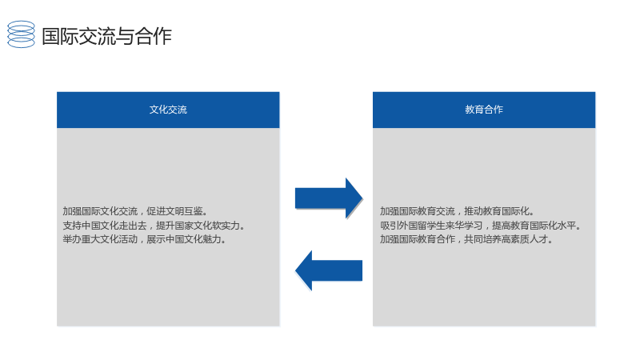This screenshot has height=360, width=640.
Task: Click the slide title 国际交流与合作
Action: pos(106,36)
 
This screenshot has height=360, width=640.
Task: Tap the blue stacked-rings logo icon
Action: pos(22,34)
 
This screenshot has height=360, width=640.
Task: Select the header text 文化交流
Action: pos(168,110)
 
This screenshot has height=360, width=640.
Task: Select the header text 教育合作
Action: pos(484,110)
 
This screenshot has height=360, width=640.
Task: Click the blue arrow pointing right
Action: pos(329,198)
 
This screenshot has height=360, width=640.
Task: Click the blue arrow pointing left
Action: pos(329,270)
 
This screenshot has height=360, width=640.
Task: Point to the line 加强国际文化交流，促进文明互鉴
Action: pos(135,211)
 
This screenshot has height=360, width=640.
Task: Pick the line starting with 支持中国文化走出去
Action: pos(154,226)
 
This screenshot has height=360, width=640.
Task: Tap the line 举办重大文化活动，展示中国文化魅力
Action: pos(145,239)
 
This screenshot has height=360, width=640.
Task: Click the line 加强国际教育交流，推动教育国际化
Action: pos(457,211)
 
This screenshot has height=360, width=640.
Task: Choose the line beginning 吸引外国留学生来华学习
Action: pos(481,226)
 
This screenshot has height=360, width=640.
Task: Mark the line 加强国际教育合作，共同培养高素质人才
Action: pos(466,239)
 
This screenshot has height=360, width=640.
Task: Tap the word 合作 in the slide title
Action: pos(154,36)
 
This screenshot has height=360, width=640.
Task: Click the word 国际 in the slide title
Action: pos(60,36)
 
